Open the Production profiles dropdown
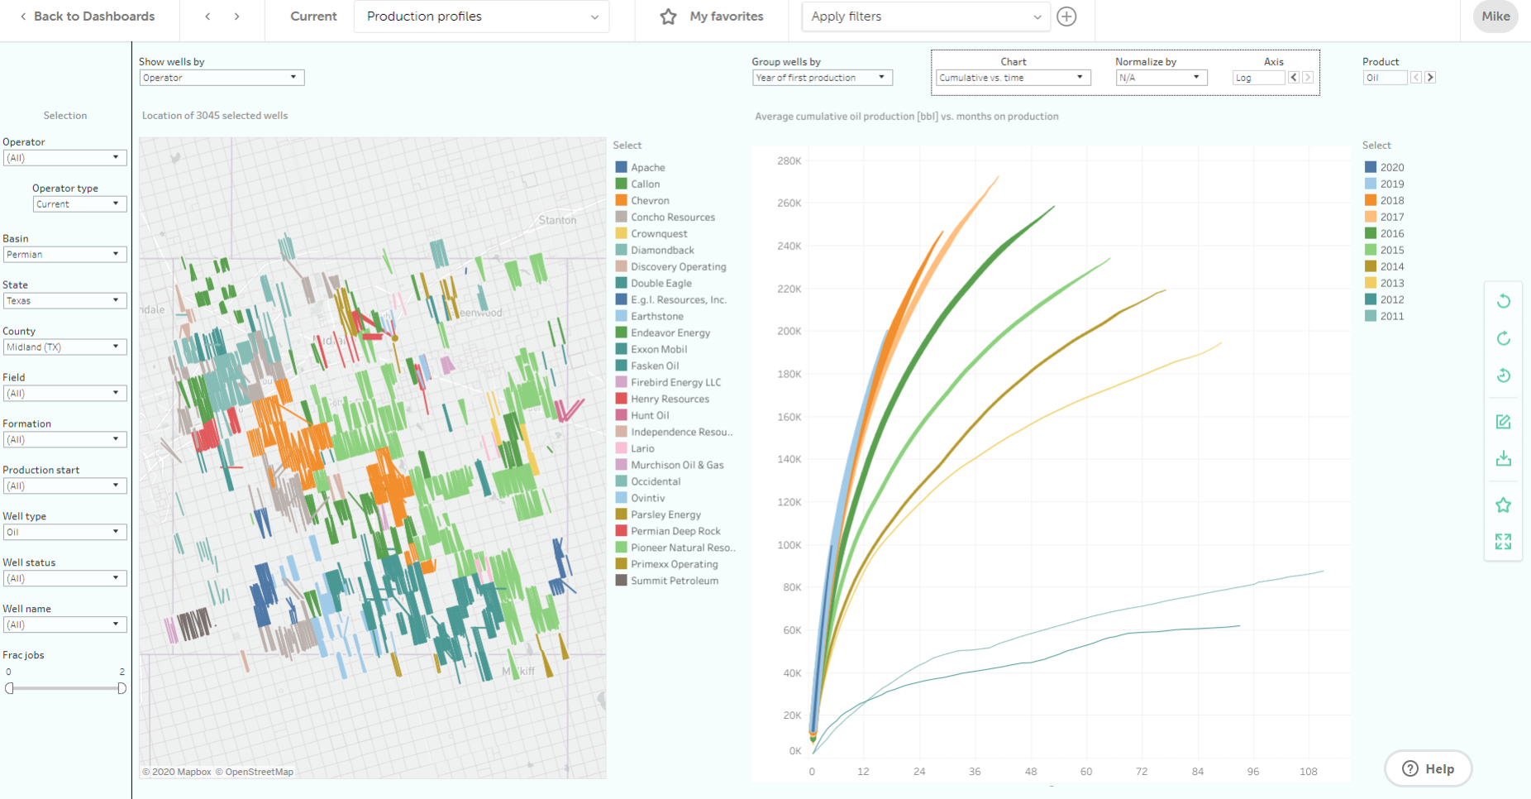pos(481,17)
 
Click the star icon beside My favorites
pos(668,17)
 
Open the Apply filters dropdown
pos(925,17)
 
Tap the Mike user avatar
pos(1495,17)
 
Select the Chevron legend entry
pos(650,201)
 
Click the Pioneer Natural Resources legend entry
pos(682,548)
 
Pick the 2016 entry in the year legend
pos(1391,234)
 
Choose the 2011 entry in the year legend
pos(1391,317)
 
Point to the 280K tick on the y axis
pos(789,161)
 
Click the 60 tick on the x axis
pos(1086,772)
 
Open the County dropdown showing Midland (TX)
pos(64,347)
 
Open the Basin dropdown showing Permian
pos(64,255)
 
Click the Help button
pos(1428,768)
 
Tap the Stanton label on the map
pos(557,220)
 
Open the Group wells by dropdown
pos(822,78)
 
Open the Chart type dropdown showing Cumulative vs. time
pos(1012,78)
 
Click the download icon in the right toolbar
pos(1503,459)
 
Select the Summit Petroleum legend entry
pos(674,581)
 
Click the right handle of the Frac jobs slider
pos(122,688)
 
